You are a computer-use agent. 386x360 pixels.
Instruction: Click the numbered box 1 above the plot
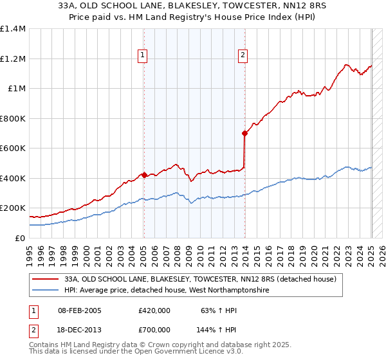(142, 56)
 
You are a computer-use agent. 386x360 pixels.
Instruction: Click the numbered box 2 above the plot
(243, 56)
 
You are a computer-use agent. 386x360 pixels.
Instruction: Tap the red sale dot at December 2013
(245, 133)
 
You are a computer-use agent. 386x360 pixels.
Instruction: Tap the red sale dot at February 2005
(144, 175)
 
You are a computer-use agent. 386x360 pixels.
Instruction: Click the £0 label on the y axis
(19, 238)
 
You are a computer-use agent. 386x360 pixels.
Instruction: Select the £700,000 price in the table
(154, 329)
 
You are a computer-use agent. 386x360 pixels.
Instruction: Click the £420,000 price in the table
(154, 310)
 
